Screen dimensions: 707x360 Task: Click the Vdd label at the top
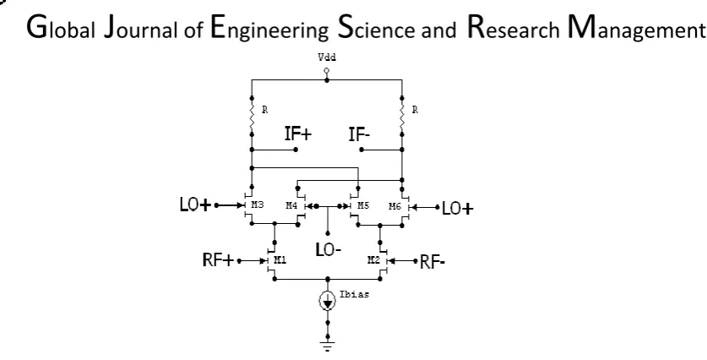click(x=327, y=57)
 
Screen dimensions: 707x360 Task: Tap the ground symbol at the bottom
click(x=328, y=346)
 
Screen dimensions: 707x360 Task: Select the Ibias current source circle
click(x=328, y=302)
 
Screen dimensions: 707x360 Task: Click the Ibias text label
click(x=355, y=295)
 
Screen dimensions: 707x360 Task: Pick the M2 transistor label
click(x=374, y=259)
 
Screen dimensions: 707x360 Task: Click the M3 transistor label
click(x=257, y=205)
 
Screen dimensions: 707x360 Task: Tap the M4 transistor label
click(x=291, y=205)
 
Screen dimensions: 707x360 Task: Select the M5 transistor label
click(x=363, y=205)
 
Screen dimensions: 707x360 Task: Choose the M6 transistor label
click(x=395, y=206)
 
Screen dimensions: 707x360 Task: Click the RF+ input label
click(x=219, y=260)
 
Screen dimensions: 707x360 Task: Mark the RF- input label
click(x=432, y=262)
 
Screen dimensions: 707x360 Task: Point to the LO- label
click(x=329, y=249)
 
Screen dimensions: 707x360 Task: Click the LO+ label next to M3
click(x=196, y=205)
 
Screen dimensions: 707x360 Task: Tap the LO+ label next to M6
click(x=458, y=209)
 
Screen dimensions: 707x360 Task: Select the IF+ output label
click(x=298, y=134)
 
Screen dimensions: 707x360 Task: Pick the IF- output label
click(x=359, y=134)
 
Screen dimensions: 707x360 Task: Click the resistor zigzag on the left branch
click(x=252, y=116)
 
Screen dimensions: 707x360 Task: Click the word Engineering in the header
click(x=269, y=28)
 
